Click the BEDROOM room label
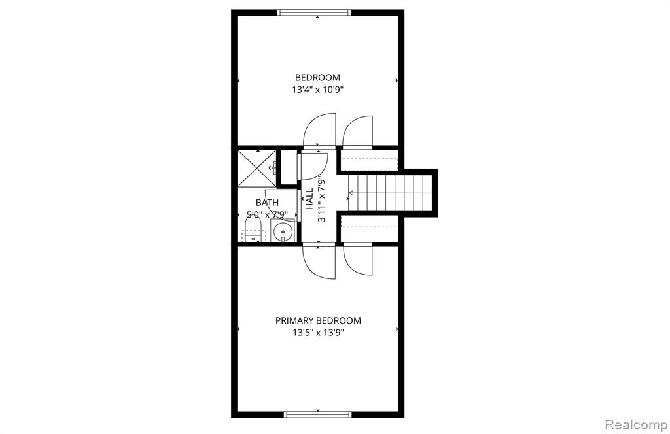pyautogui.click(x=317, y=77)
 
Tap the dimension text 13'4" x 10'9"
pyautogui.click(x=318, y=90)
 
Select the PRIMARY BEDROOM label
pyautogui.click(x=318, y=320)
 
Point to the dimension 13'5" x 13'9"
pyautogui.click(x=319, y=333)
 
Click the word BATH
pyautogui.click(x=267, y=203)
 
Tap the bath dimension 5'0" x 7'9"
pyautogui.click(x=267, y=214)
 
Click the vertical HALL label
pyautogui.click(x=309, y=199)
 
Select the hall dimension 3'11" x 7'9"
pyautogui.click(x=322, y=199)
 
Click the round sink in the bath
pyautogui.click(x=283, y=233)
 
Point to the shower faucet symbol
pyautogui.click(x=272, y=168)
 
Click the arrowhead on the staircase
pyautogui.click(x=351, y=193)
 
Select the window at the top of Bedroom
pyautogui.click(x=314, y=13)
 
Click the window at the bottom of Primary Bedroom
pyautogui.click(x=318, y=414)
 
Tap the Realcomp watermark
pyautogui.click(x=636, y=425)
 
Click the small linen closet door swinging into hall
pyautogui.click(x=314, y=167)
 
